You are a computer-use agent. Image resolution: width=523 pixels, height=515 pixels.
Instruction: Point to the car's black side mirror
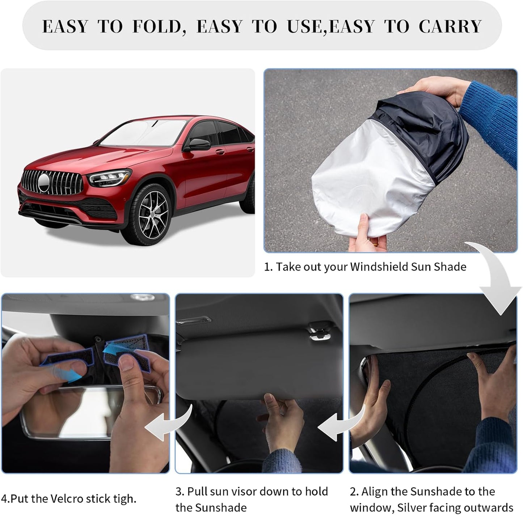coord(198,144)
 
